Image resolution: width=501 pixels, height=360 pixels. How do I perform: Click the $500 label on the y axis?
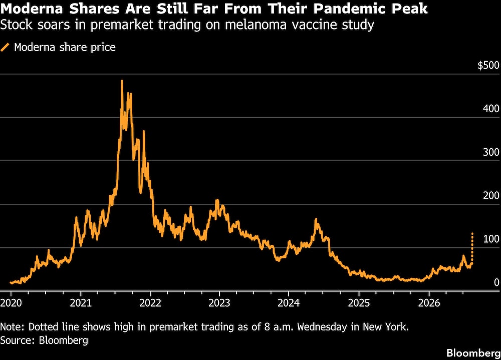(x=488, y=65)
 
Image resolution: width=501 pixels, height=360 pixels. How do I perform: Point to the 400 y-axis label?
(x=491, y=109)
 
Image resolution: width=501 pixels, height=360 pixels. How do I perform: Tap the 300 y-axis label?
(x=491, y=152)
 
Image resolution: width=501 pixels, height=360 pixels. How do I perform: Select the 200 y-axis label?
(x=491, y=195)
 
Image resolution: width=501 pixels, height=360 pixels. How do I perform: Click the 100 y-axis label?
(x=491, y=239)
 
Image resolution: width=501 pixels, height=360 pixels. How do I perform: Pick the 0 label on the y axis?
(x=496, y=282)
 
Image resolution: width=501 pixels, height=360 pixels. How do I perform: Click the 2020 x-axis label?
(x=11, y=302)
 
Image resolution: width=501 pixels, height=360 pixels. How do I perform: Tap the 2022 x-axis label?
(x=150, y=302)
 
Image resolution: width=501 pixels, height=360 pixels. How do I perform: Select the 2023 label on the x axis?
(x=219, y=302)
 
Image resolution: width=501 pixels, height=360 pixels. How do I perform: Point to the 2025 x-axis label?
(x=359, y=302)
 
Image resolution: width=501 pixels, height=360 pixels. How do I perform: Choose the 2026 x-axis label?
(x=429, y=302)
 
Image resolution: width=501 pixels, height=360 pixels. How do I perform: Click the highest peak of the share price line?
(x=122, y=81)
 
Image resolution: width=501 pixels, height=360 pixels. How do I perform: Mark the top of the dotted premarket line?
(x=472, y=233)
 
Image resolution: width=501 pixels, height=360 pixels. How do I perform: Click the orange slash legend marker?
(x=5, y=47)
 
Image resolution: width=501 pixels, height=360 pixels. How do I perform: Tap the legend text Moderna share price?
(x=65, y=47)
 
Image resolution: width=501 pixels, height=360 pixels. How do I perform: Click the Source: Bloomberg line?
(x=44, y=340)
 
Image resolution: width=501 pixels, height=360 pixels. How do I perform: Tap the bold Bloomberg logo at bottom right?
(x=473, y=353)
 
